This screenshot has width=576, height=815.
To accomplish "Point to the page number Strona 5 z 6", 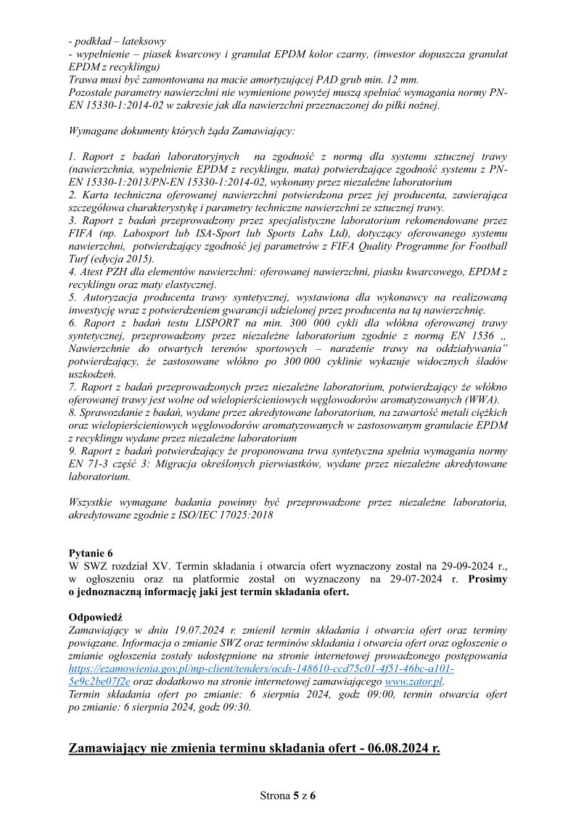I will (x=288, y=795).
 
